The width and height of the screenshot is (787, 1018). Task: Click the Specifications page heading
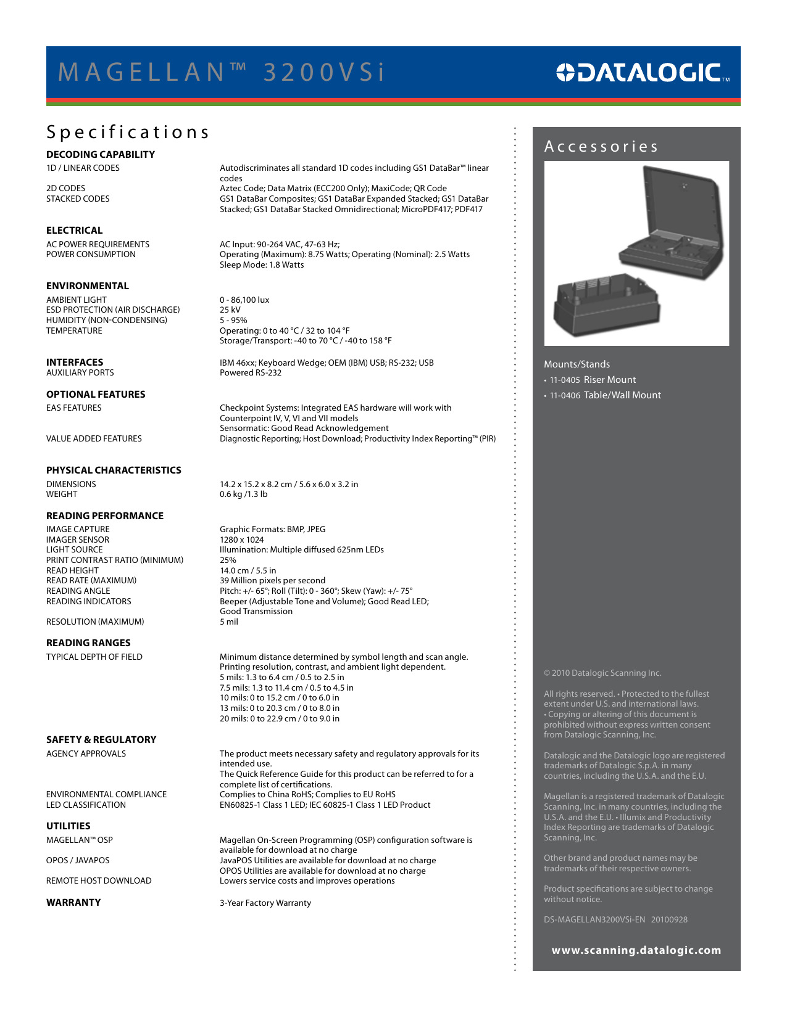[x=128, y=132]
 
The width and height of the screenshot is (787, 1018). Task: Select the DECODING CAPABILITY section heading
[x=101, y=154]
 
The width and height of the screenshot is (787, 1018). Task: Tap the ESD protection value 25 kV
[x=230, y=310]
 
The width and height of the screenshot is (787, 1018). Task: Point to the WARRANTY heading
[x=73, y=902]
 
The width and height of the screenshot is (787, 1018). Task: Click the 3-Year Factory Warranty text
[x=265, y=903]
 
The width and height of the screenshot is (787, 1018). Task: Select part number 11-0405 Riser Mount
[x=593, y=380]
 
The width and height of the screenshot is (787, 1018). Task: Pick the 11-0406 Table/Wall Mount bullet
[x=605, y=395]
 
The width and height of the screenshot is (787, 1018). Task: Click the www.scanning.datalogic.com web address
[x=636, y=950]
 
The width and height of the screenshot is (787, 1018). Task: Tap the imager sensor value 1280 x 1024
[x=242, y=540]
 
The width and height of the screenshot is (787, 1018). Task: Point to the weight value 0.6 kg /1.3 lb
[x=244, y=494]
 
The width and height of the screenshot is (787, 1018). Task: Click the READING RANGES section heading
[x=88, y=642]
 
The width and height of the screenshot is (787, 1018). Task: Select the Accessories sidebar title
[x=601, y=147]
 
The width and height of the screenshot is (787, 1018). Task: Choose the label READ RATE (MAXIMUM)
[x=91, y=580]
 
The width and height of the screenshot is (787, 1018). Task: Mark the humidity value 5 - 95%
[x=233, y=320]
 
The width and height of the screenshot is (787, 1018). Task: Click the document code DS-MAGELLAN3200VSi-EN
[x=594, y=919]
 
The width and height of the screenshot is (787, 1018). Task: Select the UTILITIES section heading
[x=69, y=826]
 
